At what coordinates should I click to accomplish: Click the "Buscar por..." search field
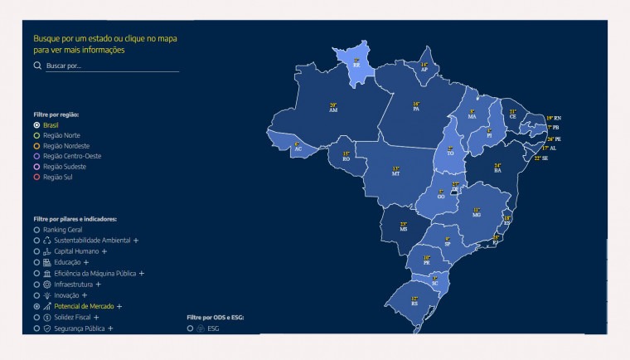(111, 66)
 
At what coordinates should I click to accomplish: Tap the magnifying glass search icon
(37, 66)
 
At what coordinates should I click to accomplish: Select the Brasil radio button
(37, 125)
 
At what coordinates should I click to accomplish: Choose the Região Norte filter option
(37, 135)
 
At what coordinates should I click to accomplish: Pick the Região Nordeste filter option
(37, 146)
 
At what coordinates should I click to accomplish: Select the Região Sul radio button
(37, 177)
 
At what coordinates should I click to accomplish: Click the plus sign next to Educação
(86, 262)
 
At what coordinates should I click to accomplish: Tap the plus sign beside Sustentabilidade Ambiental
(135, 241)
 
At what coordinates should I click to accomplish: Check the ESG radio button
(191, 328)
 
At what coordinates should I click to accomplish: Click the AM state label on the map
(333, 109)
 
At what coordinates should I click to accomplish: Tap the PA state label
(416, 108)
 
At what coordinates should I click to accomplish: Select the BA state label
(497, 169)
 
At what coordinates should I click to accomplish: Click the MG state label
(477, 214)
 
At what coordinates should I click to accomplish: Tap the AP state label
(424, 69)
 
